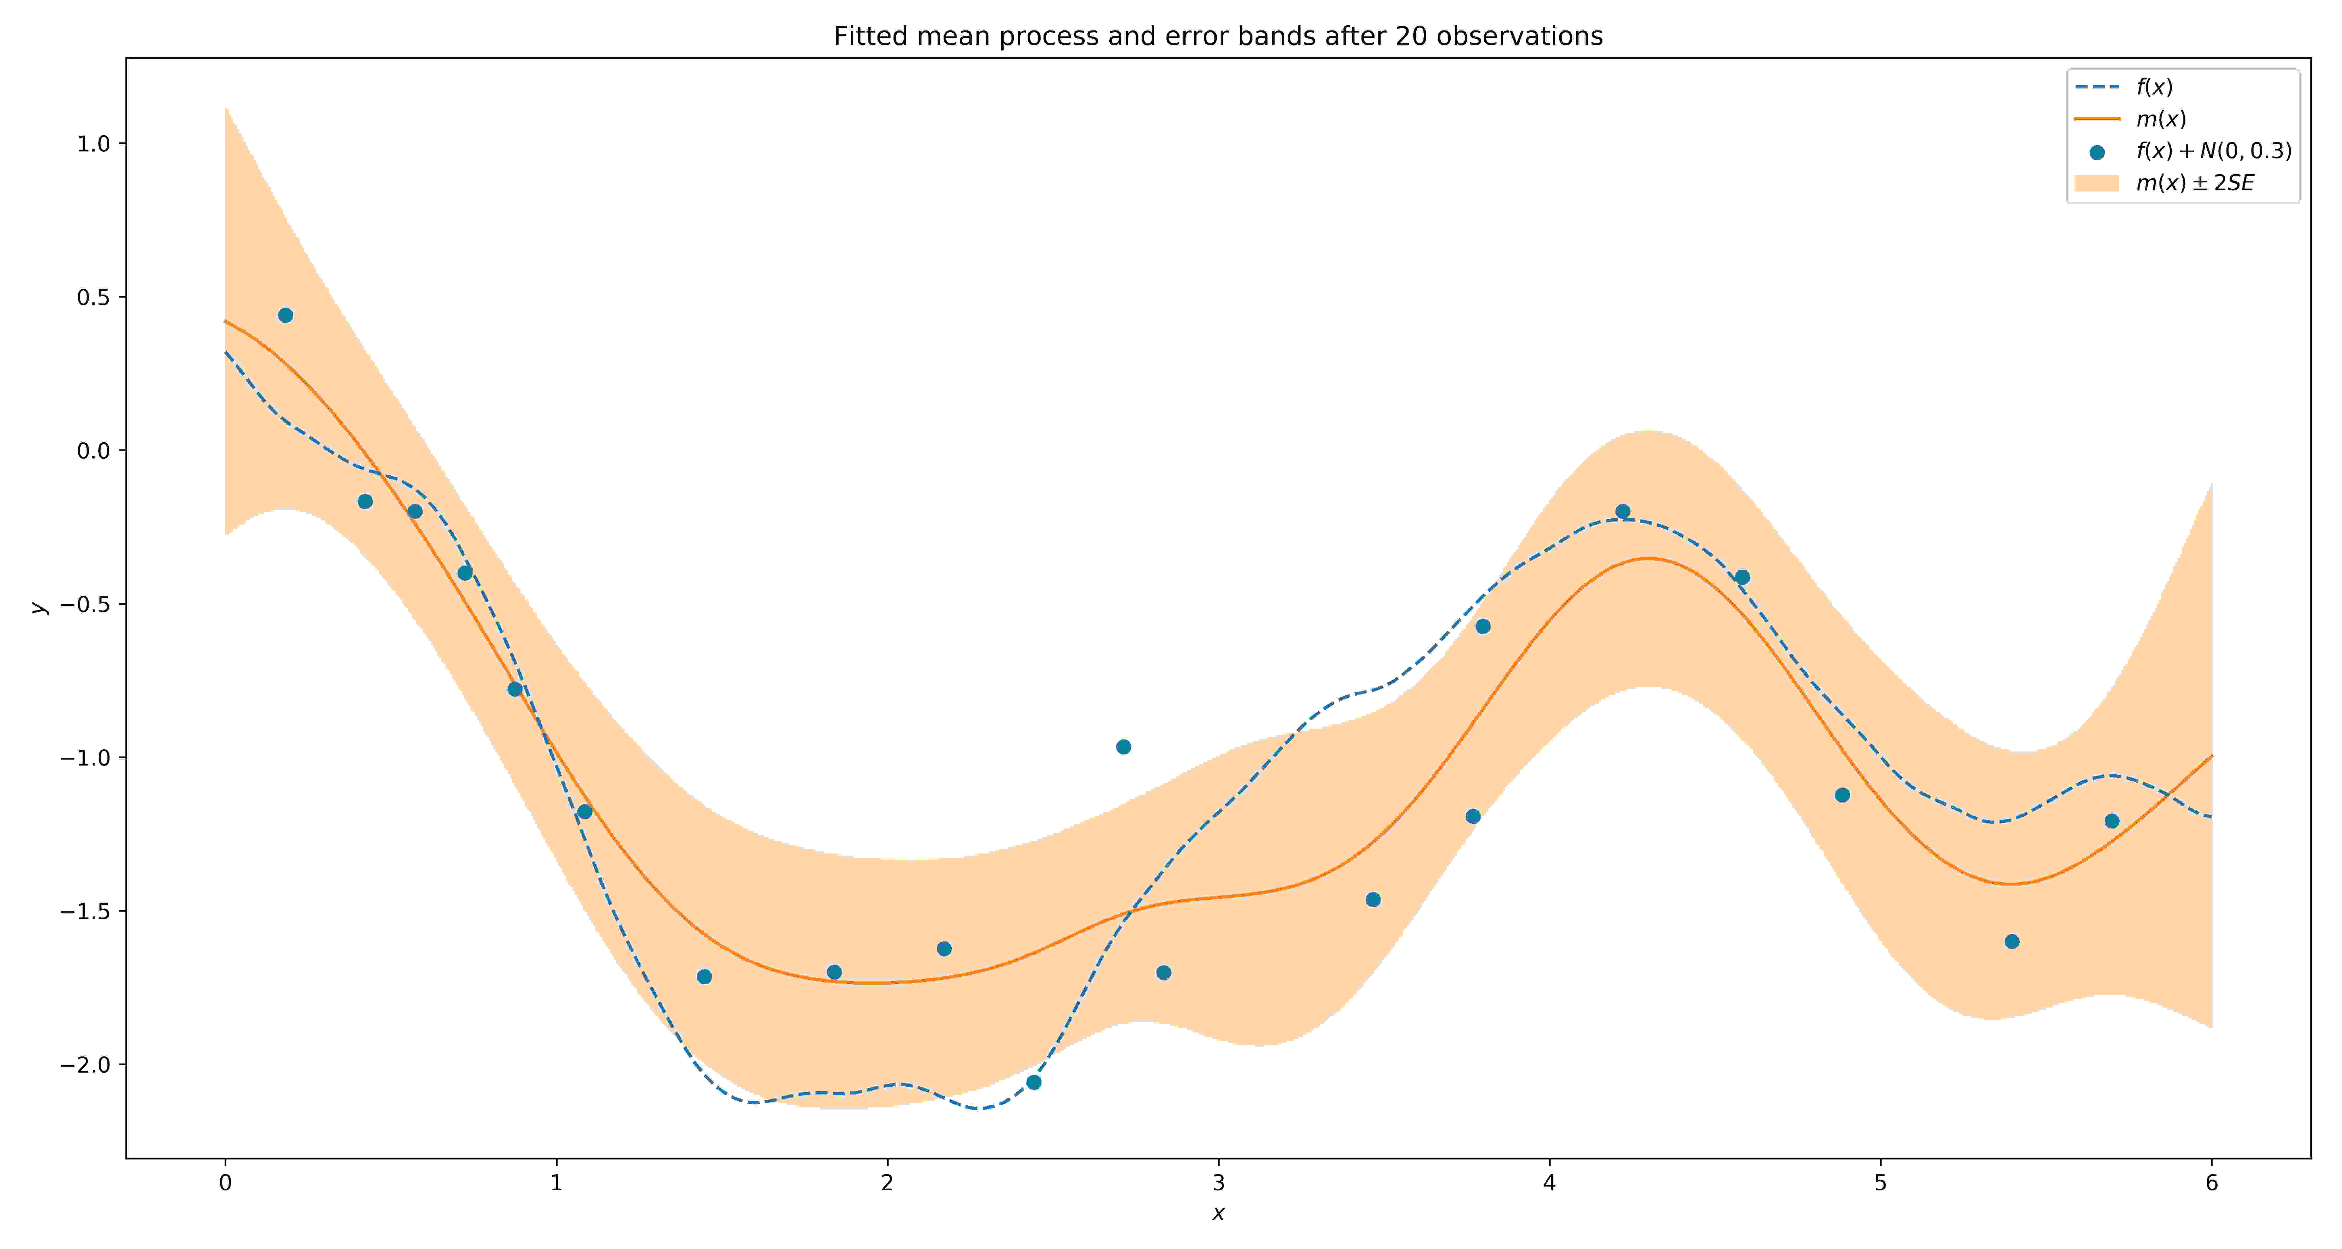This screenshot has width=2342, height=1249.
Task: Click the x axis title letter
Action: point(1218,1214)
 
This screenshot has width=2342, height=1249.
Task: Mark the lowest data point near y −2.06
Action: point(1034,1082)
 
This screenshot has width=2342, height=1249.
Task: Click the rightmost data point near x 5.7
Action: point(2112,821)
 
